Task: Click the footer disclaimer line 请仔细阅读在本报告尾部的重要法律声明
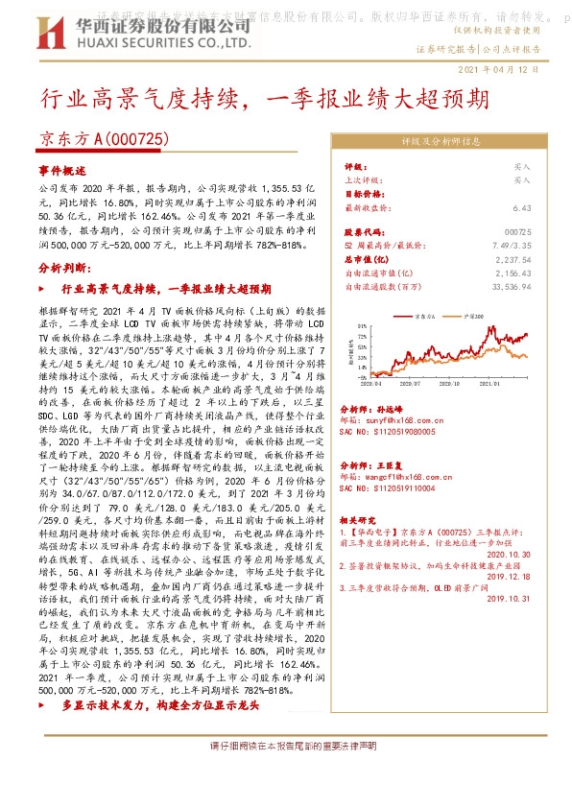286,773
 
